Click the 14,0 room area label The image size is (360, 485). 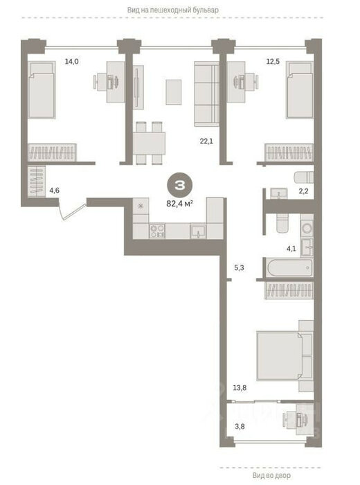pyautogui.click(x=71, y=61)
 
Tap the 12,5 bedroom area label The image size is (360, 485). pyautogui.click(x=273, y=61)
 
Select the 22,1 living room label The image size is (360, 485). pyautogui.click(x=206, y=141)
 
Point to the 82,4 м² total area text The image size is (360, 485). pyautogui.click(x=180, y=204)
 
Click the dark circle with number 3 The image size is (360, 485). pyautogui.click(x=180, y=185)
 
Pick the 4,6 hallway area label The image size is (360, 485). pyautogui.click(x=55, y=191)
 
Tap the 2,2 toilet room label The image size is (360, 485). pyautogui.click(x=303, y=191)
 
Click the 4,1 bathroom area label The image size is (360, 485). pyautogui.click(x=291, y=248)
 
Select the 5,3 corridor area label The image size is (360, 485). pyautogui.click(x=239, y=267)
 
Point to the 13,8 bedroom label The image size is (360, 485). pyautogui.click(x=240, y=387)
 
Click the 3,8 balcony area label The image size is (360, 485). pyautogui.click(x=240, y=426)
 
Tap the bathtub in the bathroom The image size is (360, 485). pyautogui.click(x=290, y=267)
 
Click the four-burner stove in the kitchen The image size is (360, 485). pyautogui.click(x=157, y=231)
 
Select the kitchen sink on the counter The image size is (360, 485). pyautogui.click(x=198, y=231)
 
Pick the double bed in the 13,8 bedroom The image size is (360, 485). pyautogui.click(x=285, y=355)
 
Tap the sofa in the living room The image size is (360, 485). pyautogui.click(x=206, y=94)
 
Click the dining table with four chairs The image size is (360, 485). pyautogui.click(x=149, y=143)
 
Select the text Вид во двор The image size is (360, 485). pyautogui.click(x=271, y=475)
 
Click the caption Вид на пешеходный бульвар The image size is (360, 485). pyautogui.click(x=173, y=10)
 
